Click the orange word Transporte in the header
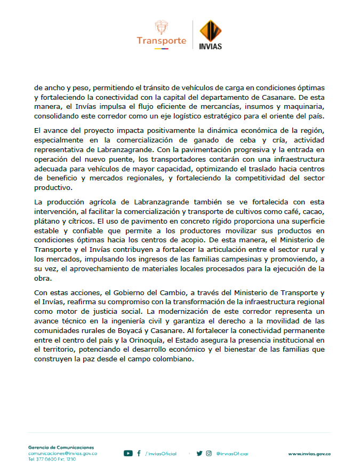coord(161,41)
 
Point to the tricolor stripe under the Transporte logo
coord(161,49)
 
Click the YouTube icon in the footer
coord(128,454)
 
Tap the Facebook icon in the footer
coord(139,454)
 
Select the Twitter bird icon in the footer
coord(199,454)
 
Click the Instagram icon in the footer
coord(209,454)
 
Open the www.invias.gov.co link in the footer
coord(309,454)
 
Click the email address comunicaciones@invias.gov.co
coord(62,453)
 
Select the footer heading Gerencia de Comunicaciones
coord(61,447)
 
